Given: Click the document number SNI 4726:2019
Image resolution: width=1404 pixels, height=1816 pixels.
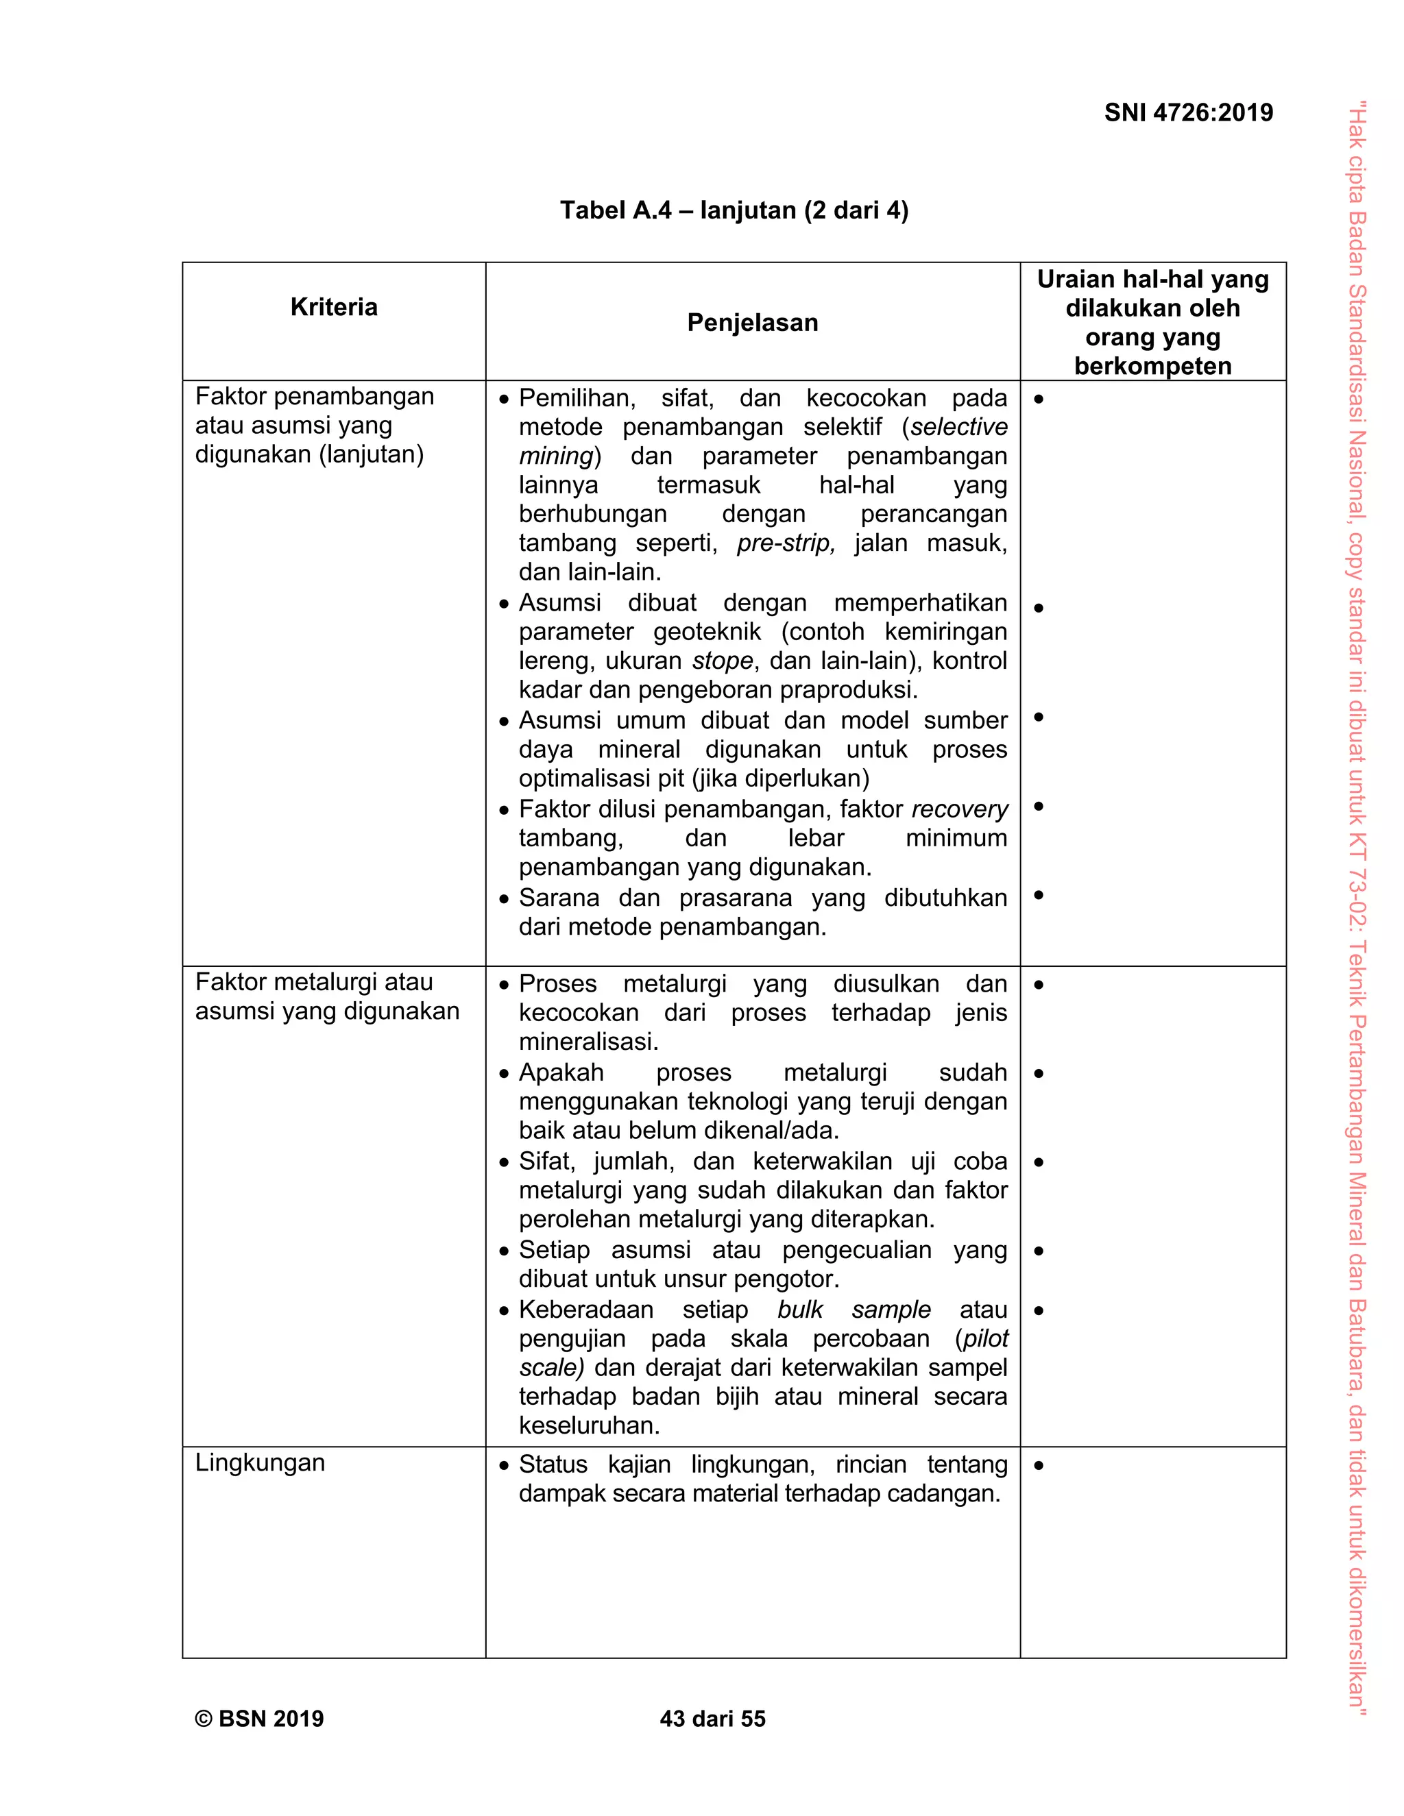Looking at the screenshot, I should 1188,113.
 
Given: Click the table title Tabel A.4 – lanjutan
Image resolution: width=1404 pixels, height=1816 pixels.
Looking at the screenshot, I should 734,210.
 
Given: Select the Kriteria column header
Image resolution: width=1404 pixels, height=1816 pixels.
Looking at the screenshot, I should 334,307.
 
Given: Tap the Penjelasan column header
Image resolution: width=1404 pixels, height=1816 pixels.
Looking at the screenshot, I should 752,323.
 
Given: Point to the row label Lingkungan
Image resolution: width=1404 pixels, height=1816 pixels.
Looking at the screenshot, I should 260,1462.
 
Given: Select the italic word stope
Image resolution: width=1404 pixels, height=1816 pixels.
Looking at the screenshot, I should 722,661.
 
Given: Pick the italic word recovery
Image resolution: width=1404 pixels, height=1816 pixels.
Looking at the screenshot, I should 959,809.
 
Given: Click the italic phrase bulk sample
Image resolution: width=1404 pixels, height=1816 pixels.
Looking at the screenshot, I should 854,1310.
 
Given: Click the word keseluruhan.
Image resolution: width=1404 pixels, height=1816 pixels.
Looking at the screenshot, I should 589,1426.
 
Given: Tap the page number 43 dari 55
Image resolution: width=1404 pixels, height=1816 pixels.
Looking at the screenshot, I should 712,1719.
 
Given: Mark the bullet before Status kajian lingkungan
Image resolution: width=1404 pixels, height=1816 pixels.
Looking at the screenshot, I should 504,1466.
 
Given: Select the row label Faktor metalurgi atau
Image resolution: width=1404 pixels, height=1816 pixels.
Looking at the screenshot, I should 313,982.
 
